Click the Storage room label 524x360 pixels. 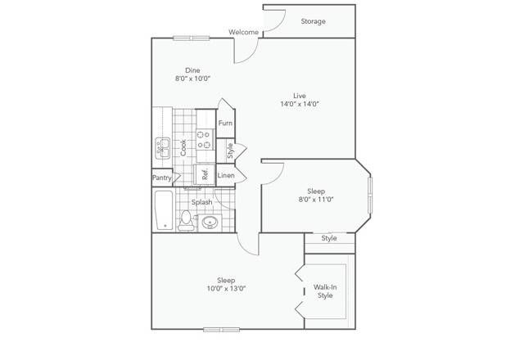pos(313,21)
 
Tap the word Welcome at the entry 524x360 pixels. pos(244,32)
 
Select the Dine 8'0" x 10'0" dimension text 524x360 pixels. pos(193,79)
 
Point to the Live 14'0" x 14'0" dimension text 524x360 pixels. pos(300,104)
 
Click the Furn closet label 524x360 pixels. pos(225,123)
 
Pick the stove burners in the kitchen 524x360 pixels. pos(205,140)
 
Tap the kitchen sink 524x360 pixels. pos(163,148)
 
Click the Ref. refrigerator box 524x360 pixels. pos(205,174)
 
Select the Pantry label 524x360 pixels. pos(162,178)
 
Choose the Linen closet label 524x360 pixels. pos(226,175)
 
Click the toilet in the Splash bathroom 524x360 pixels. pos(186,220)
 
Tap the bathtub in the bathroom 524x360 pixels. pos(164,210)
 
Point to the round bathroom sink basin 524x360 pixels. pos(210,222)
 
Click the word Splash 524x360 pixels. pos(202,202)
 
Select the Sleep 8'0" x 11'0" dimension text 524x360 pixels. pos(316,200)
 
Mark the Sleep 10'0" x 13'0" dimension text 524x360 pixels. pos(226,289)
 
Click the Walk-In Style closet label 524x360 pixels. pos(325,291)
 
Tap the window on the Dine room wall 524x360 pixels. pos(191,38)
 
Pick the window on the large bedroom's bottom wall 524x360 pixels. pos(222,330)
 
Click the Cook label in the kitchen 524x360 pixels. pos(183,147)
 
